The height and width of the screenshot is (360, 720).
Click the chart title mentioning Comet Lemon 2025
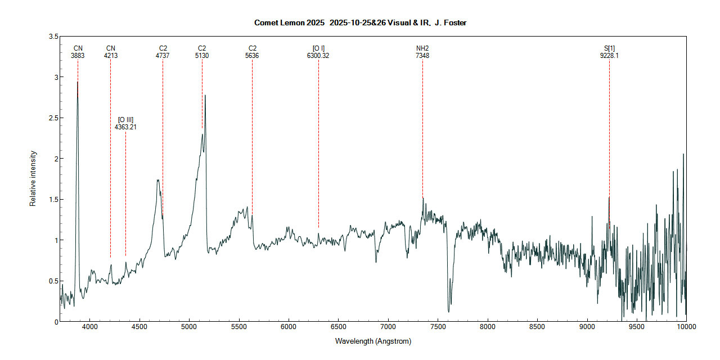coord(360,22)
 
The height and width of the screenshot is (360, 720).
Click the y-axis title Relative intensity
coord(33,178)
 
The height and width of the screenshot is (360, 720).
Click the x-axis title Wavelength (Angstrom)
coord(373,341)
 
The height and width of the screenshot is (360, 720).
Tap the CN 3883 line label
coord(78,52)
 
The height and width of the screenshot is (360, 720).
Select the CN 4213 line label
coord(111,52)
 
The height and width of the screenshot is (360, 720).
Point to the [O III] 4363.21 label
coord(125,123)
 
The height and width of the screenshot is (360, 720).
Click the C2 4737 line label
coord(163,52)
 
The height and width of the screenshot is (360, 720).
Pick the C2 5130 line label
coord(202,52)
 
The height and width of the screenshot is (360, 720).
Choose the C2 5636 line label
coord(252,52)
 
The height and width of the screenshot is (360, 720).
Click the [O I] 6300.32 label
coord(318,52)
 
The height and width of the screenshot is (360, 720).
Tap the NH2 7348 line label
coord(422,52)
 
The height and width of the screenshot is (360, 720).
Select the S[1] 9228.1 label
coord(609,52)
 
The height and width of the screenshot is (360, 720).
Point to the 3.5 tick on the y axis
coord(54,37)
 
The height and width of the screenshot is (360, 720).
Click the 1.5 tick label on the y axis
coord(54,200)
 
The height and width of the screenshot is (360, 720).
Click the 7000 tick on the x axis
coord(388,326)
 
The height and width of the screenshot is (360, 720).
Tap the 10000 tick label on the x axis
coord(686,326)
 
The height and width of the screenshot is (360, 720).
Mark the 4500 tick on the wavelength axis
coord(139,326)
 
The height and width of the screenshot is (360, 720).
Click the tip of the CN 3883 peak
coord(78,82)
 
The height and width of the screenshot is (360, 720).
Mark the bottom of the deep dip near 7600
coord(448,311)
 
